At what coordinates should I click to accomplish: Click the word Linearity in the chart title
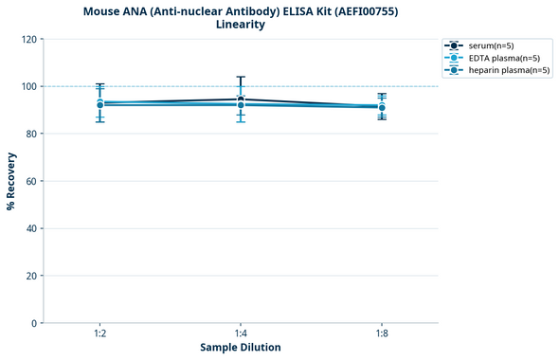click(241, 25)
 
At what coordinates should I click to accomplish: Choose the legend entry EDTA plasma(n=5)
click(504, 58)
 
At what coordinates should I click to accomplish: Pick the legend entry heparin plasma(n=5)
click(510, 70)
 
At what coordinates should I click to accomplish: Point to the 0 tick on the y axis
click(34, 323)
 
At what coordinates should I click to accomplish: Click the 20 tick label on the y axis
click(31, 276)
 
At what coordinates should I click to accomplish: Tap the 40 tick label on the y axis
click(31, 228)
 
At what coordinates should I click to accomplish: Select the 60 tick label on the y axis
click(31, 181)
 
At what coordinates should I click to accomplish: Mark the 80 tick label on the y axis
click(31, 134)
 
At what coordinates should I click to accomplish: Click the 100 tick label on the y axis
click(28, 86)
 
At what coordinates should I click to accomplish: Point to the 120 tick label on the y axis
click(28, 39)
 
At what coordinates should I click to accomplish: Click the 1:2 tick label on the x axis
click(100, 333)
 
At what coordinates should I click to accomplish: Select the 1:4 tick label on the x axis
click(241, 333)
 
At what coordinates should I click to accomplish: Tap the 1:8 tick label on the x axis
click(381, 333)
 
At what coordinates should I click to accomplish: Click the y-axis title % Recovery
click(11, 180)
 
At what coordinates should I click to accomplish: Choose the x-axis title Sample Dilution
click(241, 348)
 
